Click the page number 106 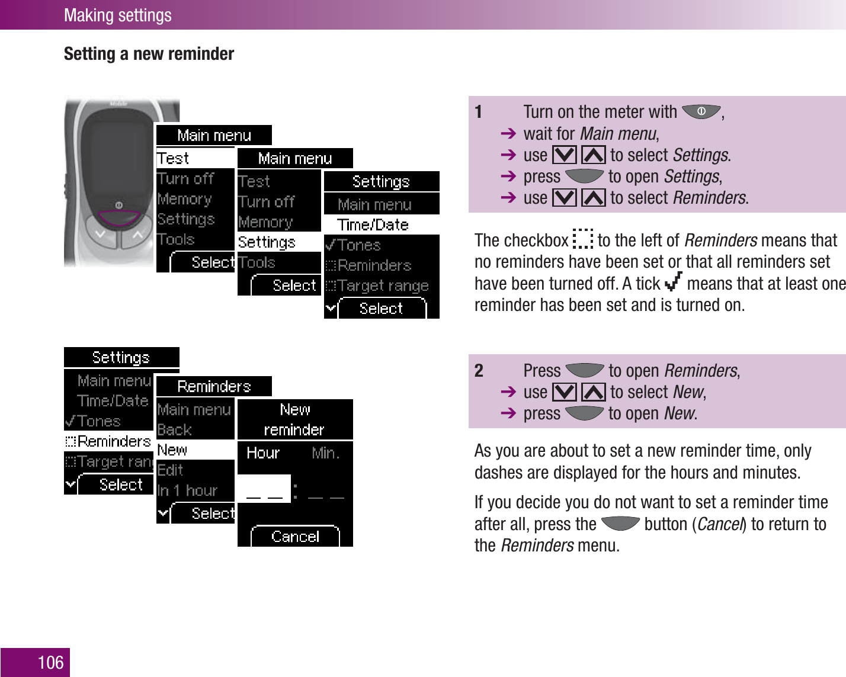[50, 662]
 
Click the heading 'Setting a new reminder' [149, 54]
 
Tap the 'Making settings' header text [117, 15]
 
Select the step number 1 [478, 112]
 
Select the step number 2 [479, 371]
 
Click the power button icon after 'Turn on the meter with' [701, 111]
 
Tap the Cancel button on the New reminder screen [295, 537]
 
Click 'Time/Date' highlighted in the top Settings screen [373, 225]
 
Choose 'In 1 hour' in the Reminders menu [188, 490]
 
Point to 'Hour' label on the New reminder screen [263, 453]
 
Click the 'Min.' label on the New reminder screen [325, 453]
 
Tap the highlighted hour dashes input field [264, 489]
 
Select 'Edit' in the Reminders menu [171, 470]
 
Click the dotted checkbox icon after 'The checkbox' [583, 239]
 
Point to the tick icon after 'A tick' [673, 282]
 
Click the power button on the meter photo [119, 205]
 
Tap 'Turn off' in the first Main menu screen [185, 179]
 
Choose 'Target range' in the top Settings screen [382, 286]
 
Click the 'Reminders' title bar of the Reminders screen [214, 387]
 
